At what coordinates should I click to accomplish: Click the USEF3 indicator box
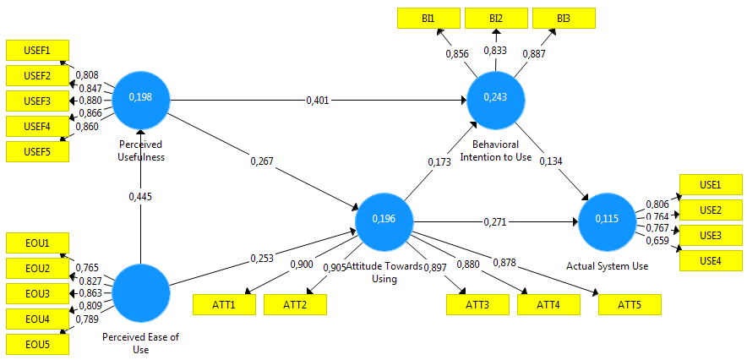pos(37,101)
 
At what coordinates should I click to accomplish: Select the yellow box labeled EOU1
pos(37,243)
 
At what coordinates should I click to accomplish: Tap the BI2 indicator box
pos(495,18)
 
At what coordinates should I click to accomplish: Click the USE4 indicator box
pos(711,261)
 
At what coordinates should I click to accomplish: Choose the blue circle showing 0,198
pos(141,98)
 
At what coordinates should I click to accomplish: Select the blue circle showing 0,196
pos(384,219)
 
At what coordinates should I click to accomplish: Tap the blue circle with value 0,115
pos(606,219)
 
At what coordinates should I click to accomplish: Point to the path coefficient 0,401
pos(319,101)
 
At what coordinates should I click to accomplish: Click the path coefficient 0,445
pos(141,196)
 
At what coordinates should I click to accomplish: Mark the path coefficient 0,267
pos(262,159)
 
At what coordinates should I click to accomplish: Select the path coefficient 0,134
pos(550,161)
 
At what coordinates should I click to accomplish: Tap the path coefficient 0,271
pos(495,221)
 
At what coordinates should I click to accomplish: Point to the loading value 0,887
pos(534,53)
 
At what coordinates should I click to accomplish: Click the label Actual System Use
pos(607,266)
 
